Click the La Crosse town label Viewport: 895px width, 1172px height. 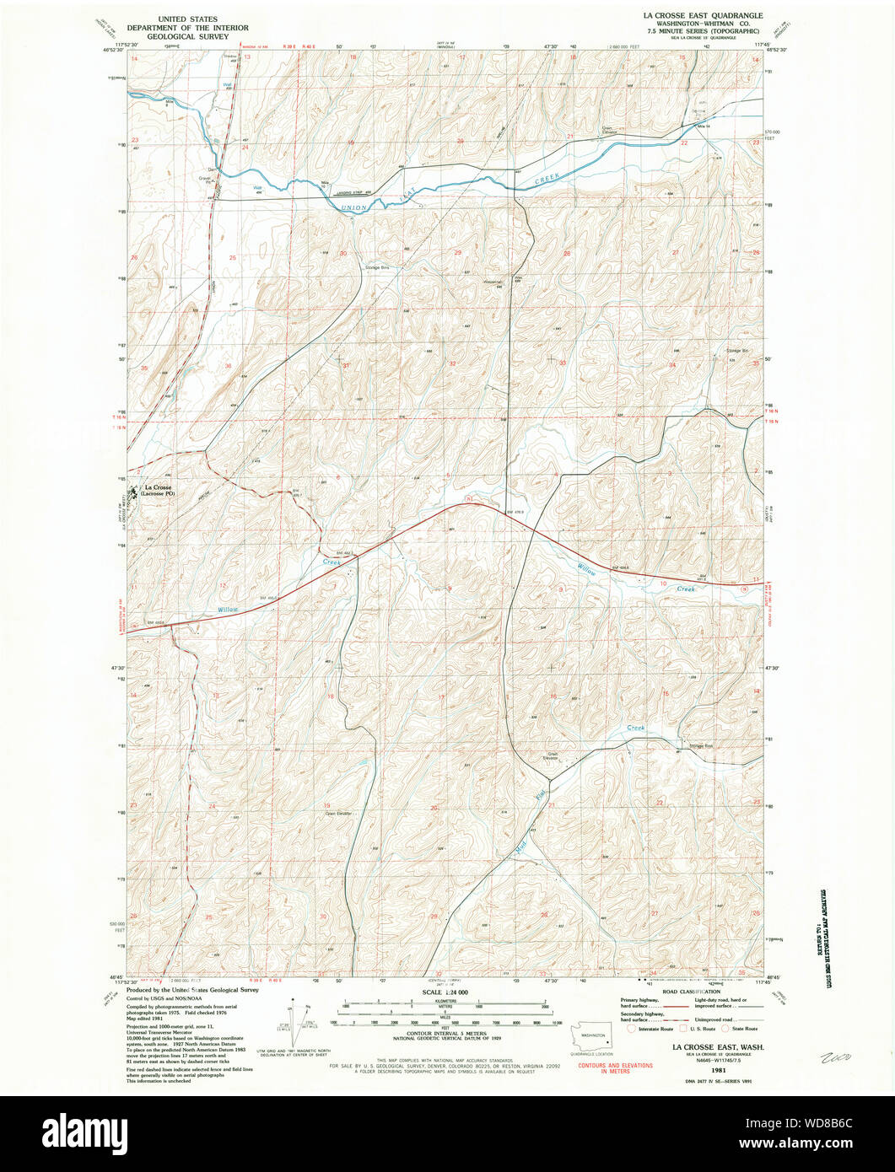pyautogui.click(x=158, y=488)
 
